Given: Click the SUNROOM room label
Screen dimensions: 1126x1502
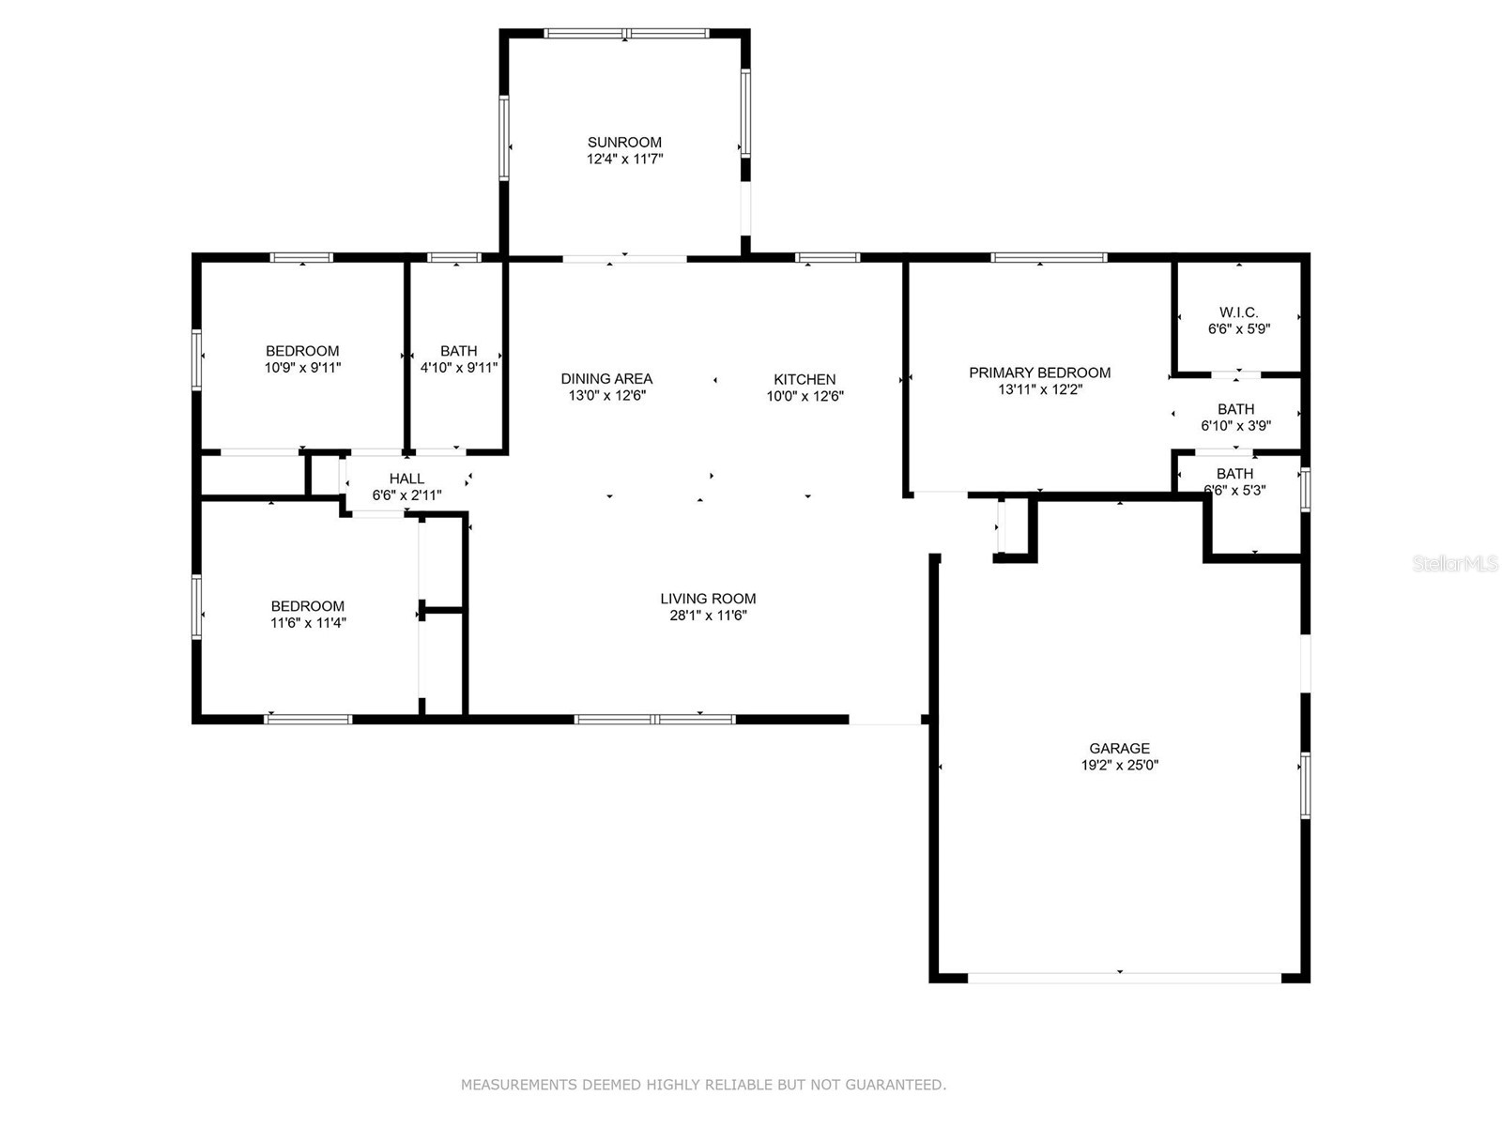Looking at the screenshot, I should [x=624, y=143].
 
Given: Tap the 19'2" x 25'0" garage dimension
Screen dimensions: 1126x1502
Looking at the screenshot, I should [x=1119, y=765].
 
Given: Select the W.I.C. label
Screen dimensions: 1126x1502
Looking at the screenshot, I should [x=1239, y=312].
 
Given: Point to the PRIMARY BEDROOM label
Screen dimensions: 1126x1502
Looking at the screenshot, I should [x=1039, y=373].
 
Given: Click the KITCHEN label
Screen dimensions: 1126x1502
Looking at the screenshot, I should [x=805, y=379].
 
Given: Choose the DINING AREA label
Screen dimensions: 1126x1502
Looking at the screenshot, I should [x=606, y=379].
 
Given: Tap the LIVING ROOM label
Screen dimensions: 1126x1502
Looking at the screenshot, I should [x=708, y=599].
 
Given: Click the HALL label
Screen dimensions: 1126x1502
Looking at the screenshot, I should [x=406, y=479].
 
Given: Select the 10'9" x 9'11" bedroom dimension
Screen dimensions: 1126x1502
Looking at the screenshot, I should [x=302, y=368].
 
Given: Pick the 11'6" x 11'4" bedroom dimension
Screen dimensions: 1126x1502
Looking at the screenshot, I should [x=308, y=622].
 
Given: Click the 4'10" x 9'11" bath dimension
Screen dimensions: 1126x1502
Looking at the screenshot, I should [x=458, y=368].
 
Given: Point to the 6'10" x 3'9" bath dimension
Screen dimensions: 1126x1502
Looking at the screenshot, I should [x=1235, y=425].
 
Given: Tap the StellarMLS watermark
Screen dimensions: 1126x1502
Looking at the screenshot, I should [x=1455, y=564].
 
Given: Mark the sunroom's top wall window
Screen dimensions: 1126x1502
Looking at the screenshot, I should [x=627, y=34].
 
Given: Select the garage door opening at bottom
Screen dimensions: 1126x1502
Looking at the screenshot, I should [x=1124, y=978].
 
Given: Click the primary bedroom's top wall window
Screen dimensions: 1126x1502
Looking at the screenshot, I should [x=1049, y=257].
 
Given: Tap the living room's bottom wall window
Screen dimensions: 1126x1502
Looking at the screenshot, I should [x=654, y=720].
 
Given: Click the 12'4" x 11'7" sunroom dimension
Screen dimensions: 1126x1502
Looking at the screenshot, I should [x=624, y=160].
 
